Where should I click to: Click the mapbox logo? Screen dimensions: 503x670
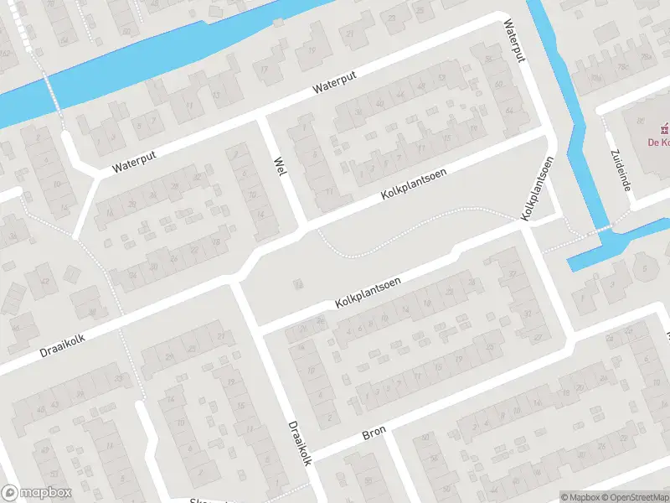point(37,493)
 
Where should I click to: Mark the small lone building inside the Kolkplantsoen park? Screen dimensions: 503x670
point(296,285)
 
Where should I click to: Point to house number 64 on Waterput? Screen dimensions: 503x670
point(510,110)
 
